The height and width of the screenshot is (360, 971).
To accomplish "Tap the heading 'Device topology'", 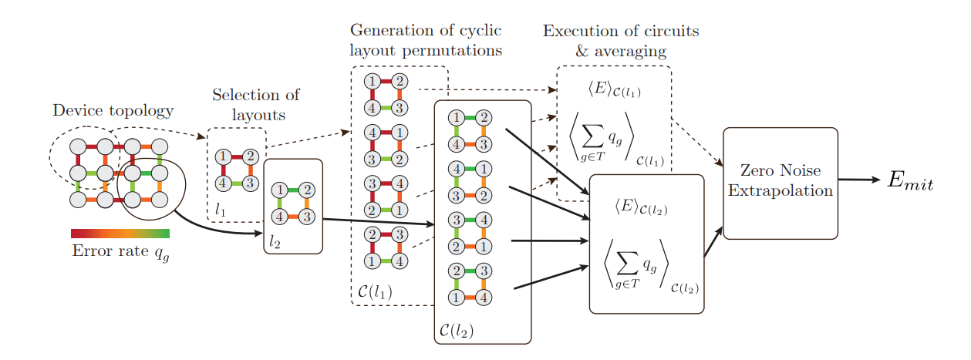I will (113, 110).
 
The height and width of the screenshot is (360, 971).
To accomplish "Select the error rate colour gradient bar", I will (120, 234).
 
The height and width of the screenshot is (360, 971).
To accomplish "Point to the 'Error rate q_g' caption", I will (120, 252).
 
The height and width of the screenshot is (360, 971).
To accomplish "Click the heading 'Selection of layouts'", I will (255, 105).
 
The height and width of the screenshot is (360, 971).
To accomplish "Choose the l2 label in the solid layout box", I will (275, 242).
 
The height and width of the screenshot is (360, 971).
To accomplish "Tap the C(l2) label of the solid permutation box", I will (456, 330).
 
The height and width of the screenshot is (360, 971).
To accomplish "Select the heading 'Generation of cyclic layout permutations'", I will (426, 40).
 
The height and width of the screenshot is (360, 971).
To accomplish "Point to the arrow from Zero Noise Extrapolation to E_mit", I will (858, 180).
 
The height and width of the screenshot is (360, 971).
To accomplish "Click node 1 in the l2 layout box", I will (279, 190).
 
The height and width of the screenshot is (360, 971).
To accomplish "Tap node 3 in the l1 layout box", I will (249, 183).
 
